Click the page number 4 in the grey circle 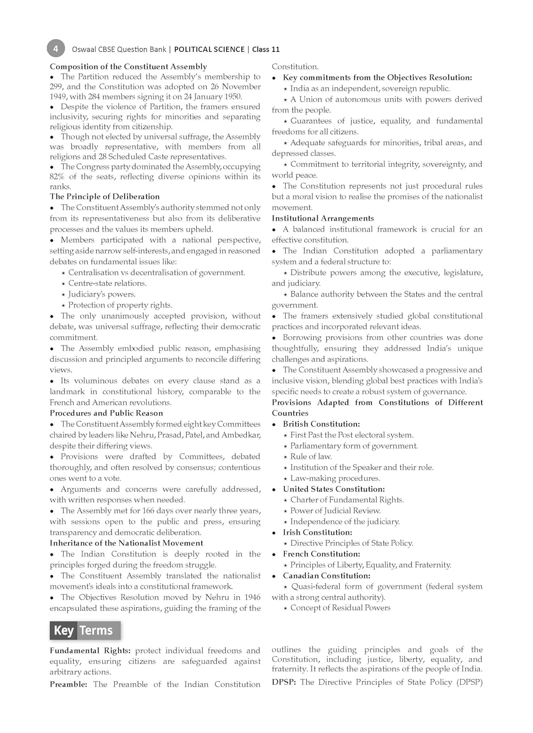tap(56, 48)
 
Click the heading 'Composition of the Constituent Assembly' tap(128, 66)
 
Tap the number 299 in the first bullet tap(56, 86)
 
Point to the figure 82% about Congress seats tap(57, 176)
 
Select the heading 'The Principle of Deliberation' tap(105, 196)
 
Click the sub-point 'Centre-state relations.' tap(107, 283)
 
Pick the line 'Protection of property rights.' tap(120, 305)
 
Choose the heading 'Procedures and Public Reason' tap(106, 413)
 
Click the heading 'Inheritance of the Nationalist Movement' tap(126, 543)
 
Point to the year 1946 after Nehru tap(251, 597)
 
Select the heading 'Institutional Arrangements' tap(322, 218)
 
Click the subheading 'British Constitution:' tap(321, 424)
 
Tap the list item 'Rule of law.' tap(311, 456)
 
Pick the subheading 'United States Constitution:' tap(334, 489)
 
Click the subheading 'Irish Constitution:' tap(317, 532)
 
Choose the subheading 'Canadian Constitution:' tap(326, 576)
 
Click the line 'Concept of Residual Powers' tap(340, 608)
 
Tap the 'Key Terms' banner tap(84, 630)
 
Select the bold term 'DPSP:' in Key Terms tap(283, 682)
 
